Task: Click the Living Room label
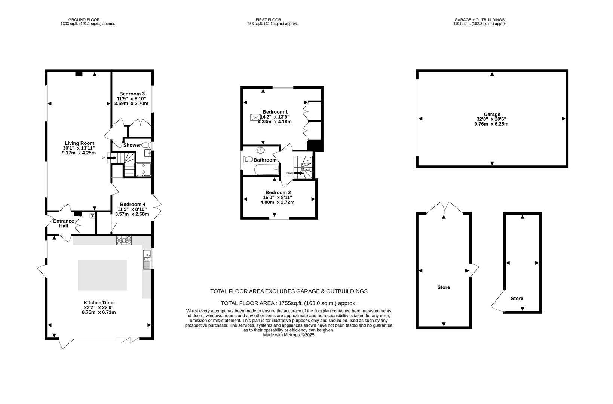(79, 143)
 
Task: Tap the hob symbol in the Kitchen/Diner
(124, 240)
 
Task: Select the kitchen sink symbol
(147, 259)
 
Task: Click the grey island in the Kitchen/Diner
(102, 275)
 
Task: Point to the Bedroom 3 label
(132, 94)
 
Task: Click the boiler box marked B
(92, 216)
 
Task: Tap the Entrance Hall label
(63, 223)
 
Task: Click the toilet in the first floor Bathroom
(248, 159)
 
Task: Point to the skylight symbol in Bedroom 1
(255, 117)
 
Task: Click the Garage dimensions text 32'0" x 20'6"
(491, 119)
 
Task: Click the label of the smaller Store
(517, 298)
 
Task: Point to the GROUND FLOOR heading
(84, 20)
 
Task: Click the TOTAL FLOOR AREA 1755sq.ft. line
(288, 303)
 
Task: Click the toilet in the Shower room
(146, 145)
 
